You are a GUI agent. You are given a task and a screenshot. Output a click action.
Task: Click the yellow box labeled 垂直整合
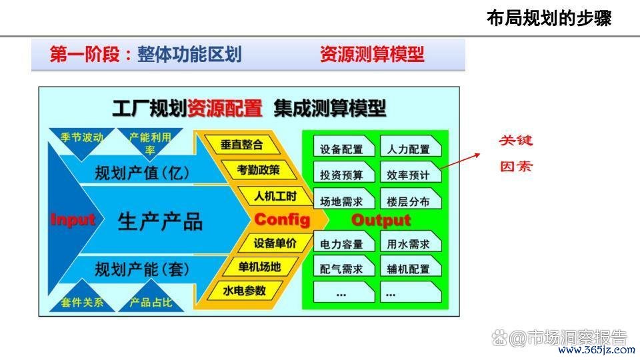click(242, 145)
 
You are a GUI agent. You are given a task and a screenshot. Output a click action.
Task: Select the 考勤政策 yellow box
click(259, 170)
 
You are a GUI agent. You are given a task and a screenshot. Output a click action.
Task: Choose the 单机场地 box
click(259, 267)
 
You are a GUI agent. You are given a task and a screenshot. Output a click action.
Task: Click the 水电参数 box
click(244, 291)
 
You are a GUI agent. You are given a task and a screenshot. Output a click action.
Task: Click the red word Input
click(73, 220)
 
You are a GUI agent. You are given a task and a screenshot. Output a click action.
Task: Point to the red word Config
click(282, 219)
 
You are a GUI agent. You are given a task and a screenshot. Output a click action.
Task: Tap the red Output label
click(381, 221)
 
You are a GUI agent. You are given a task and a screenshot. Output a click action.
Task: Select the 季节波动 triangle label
click(82, 137)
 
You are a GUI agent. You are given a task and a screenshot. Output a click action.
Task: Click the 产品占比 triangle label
click(151, 303)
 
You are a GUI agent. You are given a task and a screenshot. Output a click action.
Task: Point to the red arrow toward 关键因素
click(460, 161)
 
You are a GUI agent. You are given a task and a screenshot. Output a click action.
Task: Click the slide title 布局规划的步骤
click(549, 19)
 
